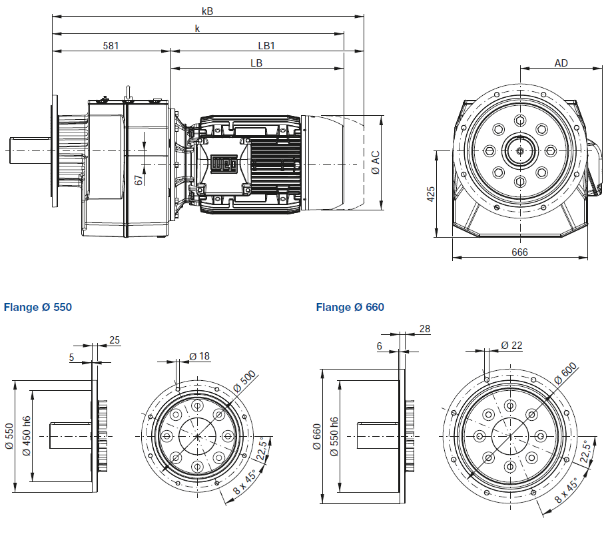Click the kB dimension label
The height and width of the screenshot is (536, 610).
tap(208, 11)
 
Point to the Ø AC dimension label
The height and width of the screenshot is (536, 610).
tap(376, 162)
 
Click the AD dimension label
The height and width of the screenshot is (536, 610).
tap(561, 63)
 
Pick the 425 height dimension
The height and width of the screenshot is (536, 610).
tap(431, 194)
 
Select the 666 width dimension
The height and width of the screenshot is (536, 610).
tap(519, 252)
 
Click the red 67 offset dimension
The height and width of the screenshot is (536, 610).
tap(139, 180)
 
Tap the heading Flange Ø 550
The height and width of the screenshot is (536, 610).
tap(37, 308)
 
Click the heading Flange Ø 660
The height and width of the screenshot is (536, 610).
tap(350, 308)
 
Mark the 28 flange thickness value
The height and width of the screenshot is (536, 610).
tap(426, 329)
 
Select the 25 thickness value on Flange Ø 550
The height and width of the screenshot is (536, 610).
tap(115, 340)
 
